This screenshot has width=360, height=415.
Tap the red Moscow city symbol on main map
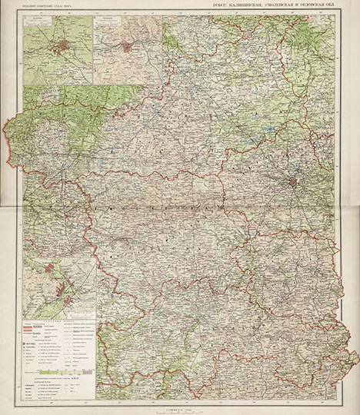(x=292, y=183)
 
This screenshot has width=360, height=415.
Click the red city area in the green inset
(x=58, y=48)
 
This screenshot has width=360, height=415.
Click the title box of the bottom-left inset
(x=34, y=259)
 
